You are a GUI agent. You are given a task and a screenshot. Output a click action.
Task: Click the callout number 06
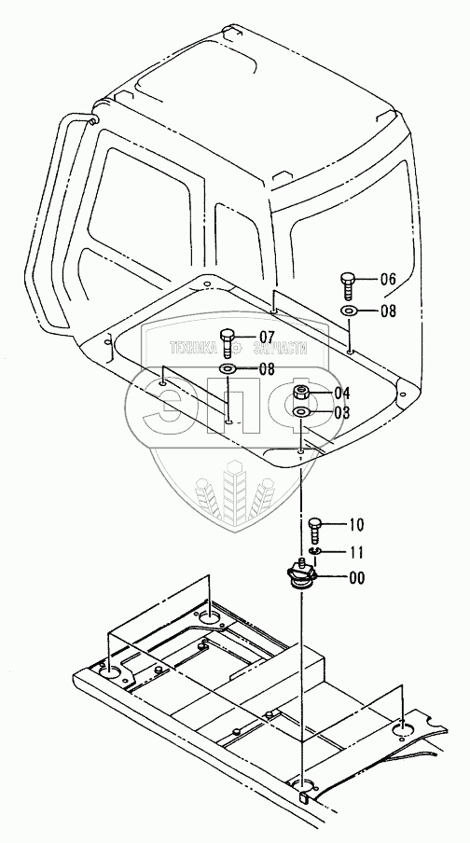[x=388, y=280]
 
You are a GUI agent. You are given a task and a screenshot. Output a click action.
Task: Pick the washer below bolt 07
[x=227, y=369]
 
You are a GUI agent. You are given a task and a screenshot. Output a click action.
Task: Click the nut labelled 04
[x=300, y=393]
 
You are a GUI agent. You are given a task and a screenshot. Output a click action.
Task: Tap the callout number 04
[x=342, y=393]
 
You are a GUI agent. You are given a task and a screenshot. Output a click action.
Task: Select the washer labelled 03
[x=300, y=412]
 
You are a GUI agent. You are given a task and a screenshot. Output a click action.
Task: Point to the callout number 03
[x=342, y=413]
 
